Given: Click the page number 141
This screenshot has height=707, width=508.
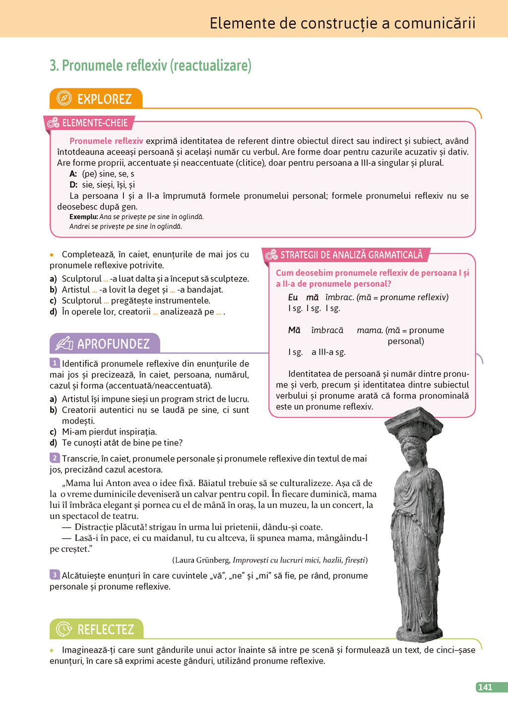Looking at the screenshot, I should tap(485, 687).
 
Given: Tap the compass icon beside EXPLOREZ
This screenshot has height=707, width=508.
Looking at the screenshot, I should tap(64, 98).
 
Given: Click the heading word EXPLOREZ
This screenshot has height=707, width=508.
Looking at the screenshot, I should tap(104, 99).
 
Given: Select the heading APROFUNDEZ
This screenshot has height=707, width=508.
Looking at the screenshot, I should tap(113, 344).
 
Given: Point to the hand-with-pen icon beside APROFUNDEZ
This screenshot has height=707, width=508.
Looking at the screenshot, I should tap(64, 343).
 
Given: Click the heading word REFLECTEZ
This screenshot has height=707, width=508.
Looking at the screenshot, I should tap(106, 630).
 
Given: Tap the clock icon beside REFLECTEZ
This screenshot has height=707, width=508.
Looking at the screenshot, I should tap(64, 629).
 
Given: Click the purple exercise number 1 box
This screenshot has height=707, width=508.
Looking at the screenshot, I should tap(55, 363).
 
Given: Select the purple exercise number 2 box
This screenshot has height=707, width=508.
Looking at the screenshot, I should tap(55, 458).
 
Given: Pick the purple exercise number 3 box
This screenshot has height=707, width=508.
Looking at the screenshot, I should tap(55, 574).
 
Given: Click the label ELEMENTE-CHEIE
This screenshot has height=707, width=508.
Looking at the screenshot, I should tap(95, 123).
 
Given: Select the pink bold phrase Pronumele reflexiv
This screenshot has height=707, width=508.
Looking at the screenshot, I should tap(106, 141).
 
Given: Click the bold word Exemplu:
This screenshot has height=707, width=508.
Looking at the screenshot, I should tap(83, 216).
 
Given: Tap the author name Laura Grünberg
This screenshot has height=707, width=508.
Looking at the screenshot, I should tap(201, 560).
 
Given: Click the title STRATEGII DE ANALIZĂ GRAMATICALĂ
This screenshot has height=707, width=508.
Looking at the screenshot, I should tap(351, 255).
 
